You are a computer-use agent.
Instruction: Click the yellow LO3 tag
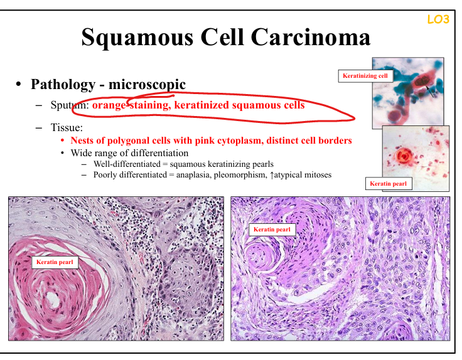(x=438, y=19)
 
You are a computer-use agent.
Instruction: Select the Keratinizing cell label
(x=365, y=76)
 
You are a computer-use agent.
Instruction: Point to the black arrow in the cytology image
(x=429, y=91)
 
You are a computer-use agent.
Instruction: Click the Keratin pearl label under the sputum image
(x=389, y=184)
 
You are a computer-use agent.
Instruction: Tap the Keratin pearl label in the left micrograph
(x=55, y=262)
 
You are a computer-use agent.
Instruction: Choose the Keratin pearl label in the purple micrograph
(x=272, y=230)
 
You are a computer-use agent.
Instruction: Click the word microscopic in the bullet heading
(x=147, y=85)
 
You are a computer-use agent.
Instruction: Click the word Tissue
(x=67, y=127)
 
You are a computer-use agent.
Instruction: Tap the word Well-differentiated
(x=127, y=164)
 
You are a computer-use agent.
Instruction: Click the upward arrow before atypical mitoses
(x=272, y=175)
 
